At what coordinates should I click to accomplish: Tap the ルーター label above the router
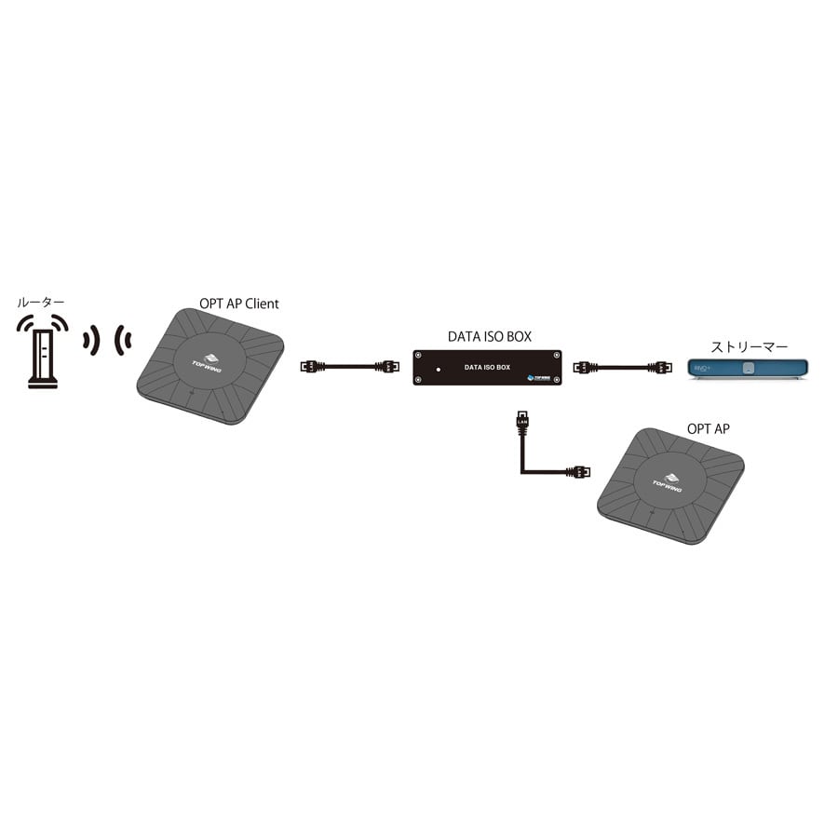[41, 304]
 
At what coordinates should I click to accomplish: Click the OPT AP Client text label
[238, 304]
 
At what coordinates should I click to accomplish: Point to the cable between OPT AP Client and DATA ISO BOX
[348, 367]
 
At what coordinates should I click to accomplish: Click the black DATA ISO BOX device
[487, 368]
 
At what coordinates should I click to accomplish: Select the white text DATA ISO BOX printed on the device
[486, 368]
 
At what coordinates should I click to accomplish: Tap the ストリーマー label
[749, 347]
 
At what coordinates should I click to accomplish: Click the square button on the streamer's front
[747, 369]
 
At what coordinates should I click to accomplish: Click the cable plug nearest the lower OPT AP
[579, 471]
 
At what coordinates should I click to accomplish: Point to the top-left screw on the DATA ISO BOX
[420, 356]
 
